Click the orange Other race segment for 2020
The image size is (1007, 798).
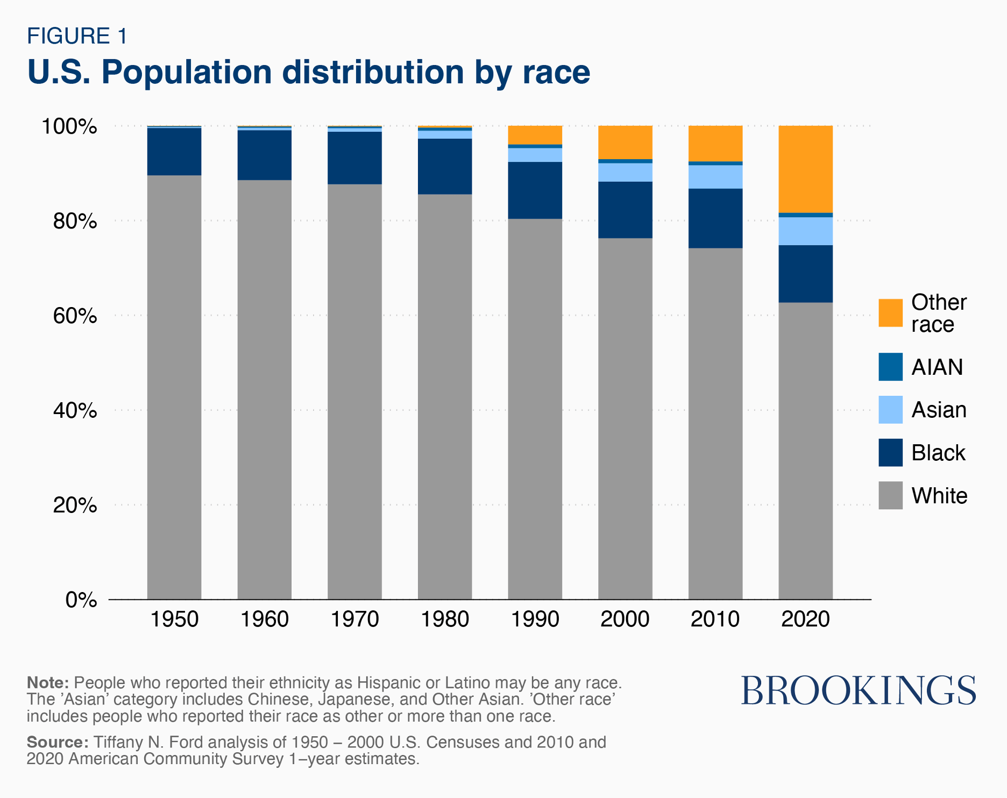805,169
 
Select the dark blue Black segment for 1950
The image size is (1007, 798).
174,152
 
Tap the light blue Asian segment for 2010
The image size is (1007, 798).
715,177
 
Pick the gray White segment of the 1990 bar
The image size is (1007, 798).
535,409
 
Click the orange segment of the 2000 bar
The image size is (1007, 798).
625,142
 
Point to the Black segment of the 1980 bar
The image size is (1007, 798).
445,166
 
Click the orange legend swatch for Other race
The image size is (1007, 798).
890,313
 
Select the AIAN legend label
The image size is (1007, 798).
937,367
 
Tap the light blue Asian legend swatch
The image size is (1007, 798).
890,410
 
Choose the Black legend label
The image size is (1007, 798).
938,453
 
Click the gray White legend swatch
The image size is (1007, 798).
890,495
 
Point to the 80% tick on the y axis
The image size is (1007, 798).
75,221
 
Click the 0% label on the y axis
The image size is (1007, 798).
81,600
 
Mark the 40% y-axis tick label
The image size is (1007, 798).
75,410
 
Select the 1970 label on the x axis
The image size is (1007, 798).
354,619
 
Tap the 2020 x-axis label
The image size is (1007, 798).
805,619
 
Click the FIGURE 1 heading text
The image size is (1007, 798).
77,36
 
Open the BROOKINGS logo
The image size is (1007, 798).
858,691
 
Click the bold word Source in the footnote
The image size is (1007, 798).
58,742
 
